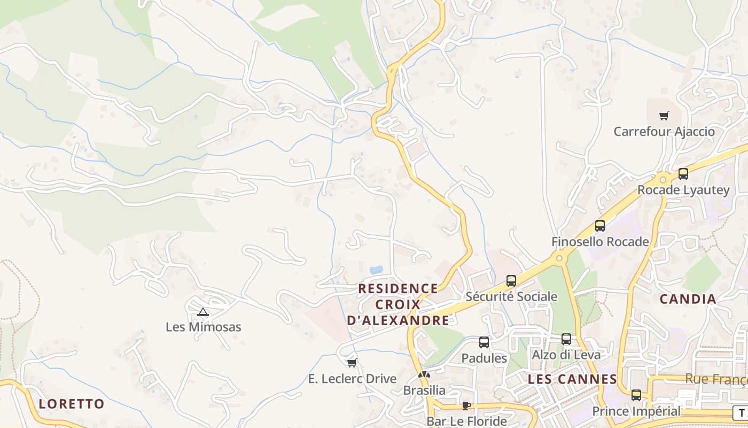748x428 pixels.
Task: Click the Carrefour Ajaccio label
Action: click(x=664, y=132)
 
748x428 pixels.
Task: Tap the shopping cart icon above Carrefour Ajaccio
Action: click(x=664, y=116)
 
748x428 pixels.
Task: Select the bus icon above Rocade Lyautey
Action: click(x=683, y=173)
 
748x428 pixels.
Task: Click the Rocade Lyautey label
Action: click(x=683, y=190)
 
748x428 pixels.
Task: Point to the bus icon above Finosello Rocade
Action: click(x=600, y=226)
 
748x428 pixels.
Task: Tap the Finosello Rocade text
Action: click(x=600, y=242)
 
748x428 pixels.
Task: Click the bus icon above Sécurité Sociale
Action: click(x=511, y=280)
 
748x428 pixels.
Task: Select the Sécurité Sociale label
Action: click(x=511, y=296)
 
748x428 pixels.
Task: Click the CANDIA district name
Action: click(x=688, y=299)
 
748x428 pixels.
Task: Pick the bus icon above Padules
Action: click(x=484, y=342)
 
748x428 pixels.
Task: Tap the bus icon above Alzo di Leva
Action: click(x=566, y=339)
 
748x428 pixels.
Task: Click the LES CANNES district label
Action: click(x=572, y=379)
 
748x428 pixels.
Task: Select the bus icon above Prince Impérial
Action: click(x=636, y=395)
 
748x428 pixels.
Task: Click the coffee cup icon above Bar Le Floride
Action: click(x=466, y=406)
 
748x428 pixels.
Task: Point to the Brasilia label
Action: click(x=424, y=390)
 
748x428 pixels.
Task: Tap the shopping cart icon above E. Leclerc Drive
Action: click(x=352, y=363)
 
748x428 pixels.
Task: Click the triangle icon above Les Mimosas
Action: click(x=202, y=312)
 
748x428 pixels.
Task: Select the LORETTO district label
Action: click(x=71, y=404)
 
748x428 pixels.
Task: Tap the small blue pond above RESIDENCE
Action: click(x=376, y=270)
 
